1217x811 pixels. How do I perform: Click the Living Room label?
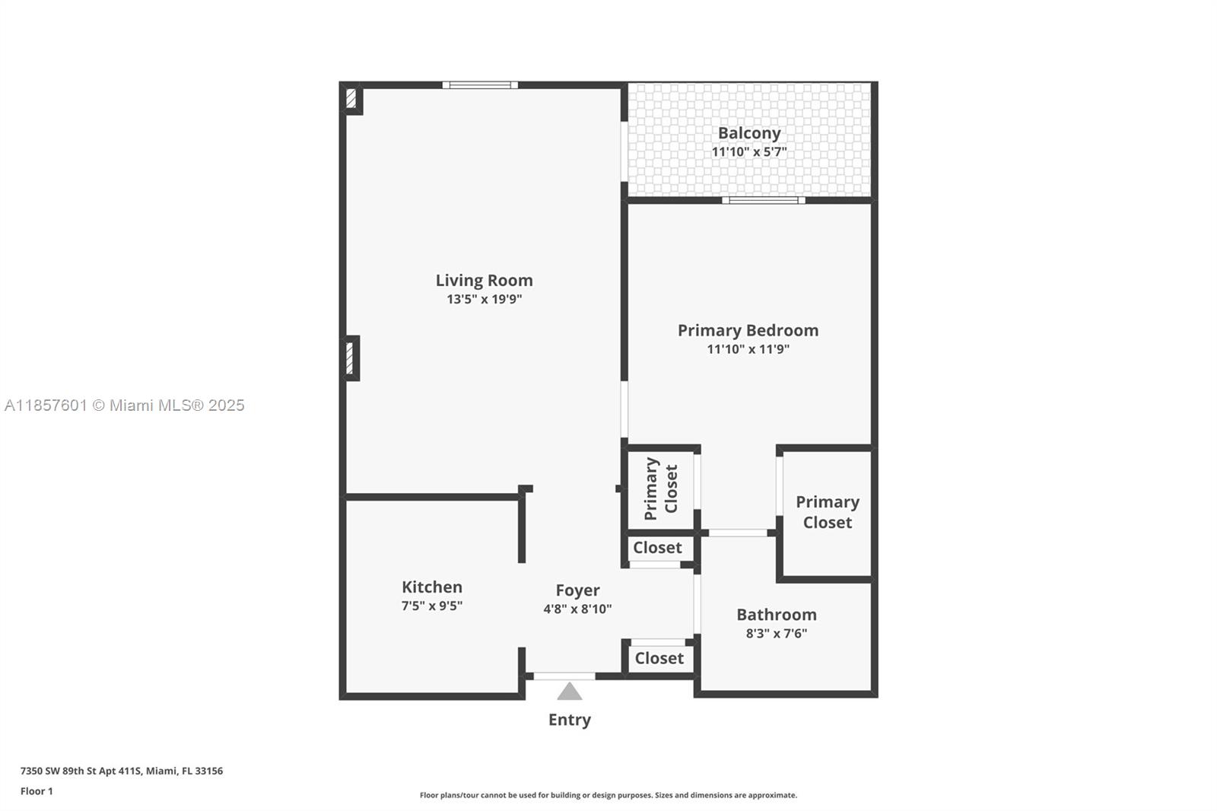point(484,280)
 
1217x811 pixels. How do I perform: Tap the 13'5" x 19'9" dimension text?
point(484,299)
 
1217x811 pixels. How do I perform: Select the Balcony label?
point(749,133)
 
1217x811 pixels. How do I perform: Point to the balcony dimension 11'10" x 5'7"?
point(749,151)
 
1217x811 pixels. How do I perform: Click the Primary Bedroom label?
point(748,330)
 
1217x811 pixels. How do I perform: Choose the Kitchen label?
point(432,587)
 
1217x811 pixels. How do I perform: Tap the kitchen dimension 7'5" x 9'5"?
point(432,606)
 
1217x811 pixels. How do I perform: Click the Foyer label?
point(577,590)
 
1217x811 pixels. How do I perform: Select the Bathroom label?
point(776,614)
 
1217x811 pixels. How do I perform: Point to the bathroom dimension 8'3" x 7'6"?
point(776,633)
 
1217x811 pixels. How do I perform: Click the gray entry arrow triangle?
point(570,692)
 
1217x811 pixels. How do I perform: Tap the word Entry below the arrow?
point(570,720)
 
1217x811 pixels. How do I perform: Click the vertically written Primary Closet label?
point(660,488)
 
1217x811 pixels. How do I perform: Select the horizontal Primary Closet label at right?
point(828,512)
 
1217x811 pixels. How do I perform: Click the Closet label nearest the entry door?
point(659,658)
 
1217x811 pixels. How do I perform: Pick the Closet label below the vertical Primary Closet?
point(657,548)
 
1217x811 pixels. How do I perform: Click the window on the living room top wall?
point(480,85)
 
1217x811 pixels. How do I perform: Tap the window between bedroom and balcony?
point(763,200)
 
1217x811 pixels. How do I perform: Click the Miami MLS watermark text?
point(125,405)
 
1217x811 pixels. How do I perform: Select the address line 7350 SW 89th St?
point(122,771)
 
